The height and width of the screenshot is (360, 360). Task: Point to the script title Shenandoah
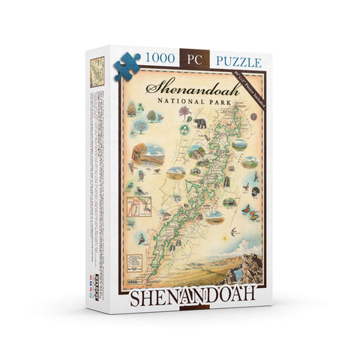coord(187,85)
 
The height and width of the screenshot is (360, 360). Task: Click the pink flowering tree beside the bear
coord(184,113)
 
